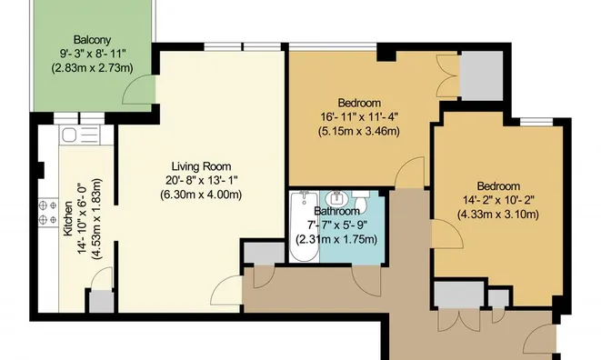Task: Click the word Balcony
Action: (93, 40)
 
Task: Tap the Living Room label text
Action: (200, 165)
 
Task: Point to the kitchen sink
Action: (72, 135)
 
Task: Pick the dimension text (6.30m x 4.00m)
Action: (200, 195)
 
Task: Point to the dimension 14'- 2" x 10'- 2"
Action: (497, 199)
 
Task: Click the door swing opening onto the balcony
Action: (136, 88)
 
